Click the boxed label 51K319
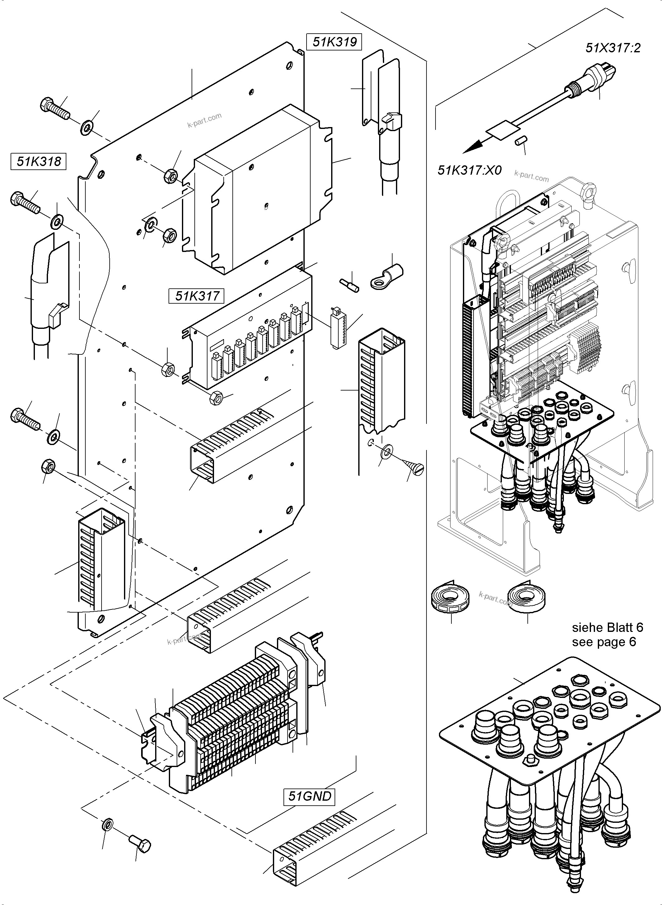tap(334, 42)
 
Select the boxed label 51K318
tap(38, 161)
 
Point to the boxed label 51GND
tap(310, 796)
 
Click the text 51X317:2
tap(613, 48)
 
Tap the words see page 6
tap(603, 642)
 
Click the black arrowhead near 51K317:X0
tap(473, 147)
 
